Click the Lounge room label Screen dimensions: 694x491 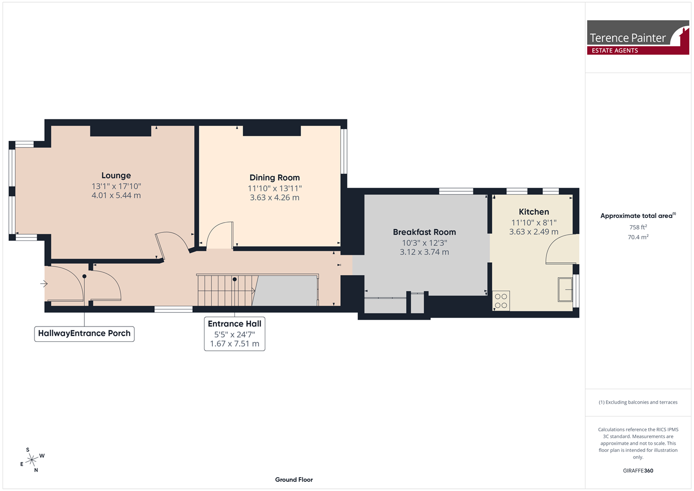coord(116,176)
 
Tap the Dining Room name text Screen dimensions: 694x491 coord(275,177)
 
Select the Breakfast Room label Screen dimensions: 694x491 coord(424,232)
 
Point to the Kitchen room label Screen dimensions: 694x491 coord(534,212)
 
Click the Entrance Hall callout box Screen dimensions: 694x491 coord(234,334)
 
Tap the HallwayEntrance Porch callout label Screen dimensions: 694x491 coord(84,334)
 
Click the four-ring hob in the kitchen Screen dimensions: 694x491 coord(501,300)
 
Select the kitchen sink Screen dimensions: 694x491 coord(565,289)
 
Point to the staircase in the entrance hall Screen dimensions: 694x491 coord(228,290)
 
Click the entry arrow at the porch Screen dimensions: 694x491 coord(44,283)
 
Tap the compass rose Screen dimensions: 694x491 coord(32,460)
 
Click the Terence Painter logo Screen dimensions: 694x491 coord(638,38)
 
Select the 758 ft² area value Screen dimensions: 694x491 coord(638,227)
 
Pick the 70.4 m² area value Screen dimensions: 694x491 coord(638,237)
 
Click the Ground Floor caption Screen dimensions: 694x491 coord(294,480)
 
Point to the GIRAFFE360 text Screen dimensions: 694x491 coord(638,470)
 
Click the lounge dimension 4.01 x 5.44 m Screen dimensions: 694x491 coord(116,195)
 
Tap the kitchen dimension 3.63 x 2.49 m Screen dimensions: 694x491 coord(534,232)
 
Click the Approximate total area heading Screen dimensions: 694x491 coord(638,215)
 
